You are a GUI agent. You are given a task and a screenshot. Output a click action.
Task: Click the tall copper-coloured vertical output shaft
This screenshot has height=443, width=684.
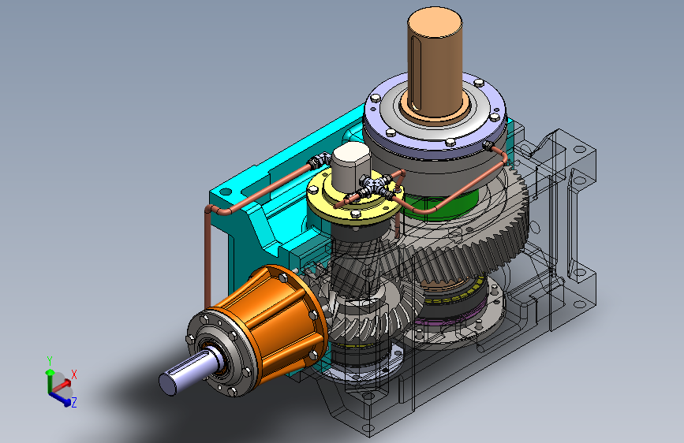point(435,65)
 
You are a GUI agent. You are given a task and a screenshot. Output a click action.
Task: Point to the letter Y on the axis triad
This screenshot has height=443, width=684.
point(50,361)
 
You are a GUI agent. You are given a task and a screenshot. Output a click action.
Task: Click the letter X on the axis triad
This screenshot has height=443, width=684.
point(73,374)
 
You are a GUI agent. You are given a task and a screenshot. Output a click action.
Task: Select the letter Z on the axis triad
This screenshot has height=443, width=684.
point(73,403)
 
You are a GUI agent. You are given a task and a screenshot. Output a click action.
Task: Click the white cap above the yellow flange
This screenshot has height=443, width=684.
point(351,165)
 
